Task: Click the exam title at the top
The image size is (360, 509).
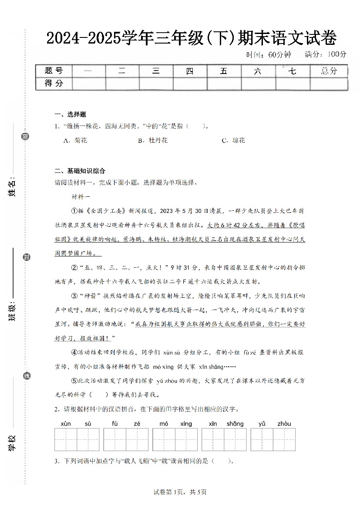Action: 191,39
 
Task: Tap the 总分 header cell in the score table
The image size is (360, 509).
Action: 329,71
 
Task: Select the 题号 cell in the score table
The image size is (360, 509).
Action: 54,71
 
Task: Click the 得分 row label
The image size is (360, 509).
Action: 54,83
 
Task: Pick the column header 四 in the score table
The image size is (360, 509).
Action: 190,71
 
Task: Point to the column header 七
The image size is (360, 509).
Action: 293,71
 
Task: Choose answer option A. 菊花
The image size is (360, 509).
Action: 75,140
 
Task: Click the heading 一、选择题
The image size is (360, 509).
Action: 70,115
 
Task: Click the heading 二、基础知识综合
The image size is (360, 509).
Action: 80,171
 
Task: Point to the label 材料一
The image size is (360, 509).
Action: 81,196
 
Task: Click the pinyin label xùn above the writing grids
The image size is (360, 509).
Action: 65,424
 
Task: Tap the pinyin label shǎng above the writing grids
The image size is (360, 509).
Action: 235,424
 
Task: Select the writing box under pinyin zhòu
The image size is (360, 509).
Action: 284,439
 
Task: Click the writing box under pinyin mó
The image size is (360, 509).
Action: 164,439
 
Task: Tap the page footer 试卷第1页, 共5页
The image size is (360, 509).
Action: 180,492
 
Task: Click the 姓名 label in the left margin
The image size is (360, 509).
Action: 13,186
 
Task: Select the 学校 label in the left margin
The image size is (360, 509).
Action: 13,442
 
